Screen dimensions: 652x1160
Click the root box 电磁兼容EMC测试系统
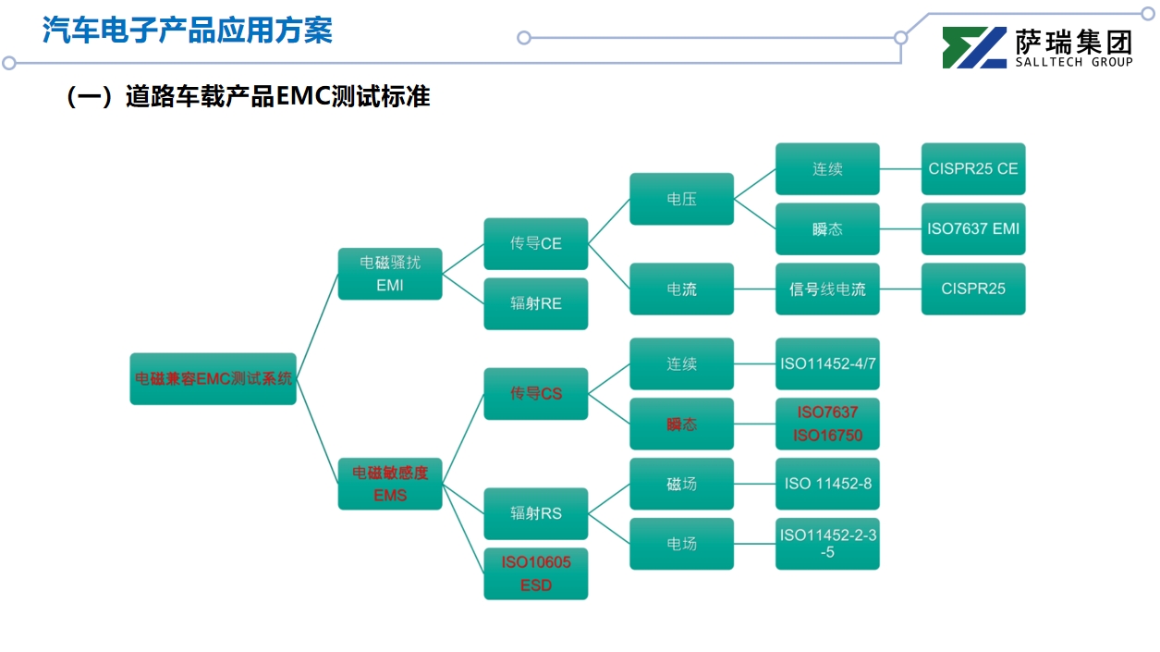tap(213, 378)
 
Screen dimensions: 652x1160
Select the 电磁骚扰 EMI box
tap(390, 274)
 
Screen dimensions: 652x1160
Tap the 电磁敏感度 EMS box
tap(390, 484)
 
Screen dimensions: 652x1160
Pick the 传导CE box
tap(536, 243)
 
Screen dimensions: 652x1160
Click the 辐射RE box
tap(536, 303)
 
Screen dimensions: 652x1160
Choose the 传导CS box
tap(536, 393)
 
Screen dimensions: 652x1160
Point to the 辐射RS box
tap(536, 513)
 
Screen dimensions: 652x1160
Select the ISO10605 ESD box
tap(536, 573)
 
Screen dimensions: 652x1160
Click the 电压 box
tap(682, 199)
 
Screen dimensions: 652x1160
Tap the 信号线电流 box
tap(827, 289)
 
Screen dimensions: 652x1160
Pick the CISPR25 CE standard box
tap(973, 169)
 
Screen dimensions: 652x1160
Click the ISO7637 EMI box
tap(973, 228)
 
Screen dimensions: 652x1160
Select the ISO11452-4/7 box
tap(827, 363)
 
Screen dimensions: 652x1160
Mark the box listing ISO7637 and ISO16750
tap(827, 424)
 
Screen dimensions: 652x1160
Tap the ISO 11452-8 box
tap(827, 484)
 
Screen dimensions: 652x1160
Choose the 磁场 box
tap(682, 484)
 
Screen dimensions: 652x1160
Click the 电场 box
tap(682, 544)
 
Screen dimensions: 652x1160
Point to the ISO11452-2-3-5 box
tap(827, 544)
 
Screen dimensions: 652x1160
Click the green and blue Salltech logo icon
tap(974, 48)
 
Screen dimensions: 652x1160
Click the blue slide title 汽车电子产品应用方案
tap(188, 31)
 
